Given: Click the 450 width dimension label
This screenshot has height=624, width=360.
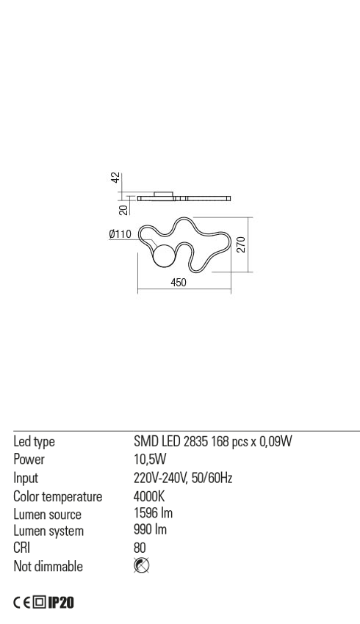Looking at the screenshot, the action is tap(179, 282).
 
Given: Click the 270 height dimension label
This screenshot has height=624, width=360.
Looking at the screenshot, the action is tap(241, 244).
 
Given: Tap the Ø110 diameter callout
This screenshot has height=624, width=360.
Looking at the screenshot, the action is tap(120, 234).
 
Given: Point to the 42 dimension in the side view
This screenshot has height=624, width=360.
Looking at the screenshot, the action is tap(115, 178).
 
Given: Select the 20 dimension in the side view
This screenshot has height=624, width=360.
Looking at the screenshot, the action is tap(124, 210).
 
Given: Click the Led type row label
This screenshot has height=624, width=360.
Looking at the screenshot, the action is tap(34, 442).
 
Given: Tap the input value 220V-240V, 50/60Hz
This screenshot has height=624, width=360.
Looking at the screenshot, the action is tap(183, 478).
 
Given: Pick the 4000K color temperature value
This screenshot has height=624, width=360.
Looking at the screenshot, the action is tap(149, 496).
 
